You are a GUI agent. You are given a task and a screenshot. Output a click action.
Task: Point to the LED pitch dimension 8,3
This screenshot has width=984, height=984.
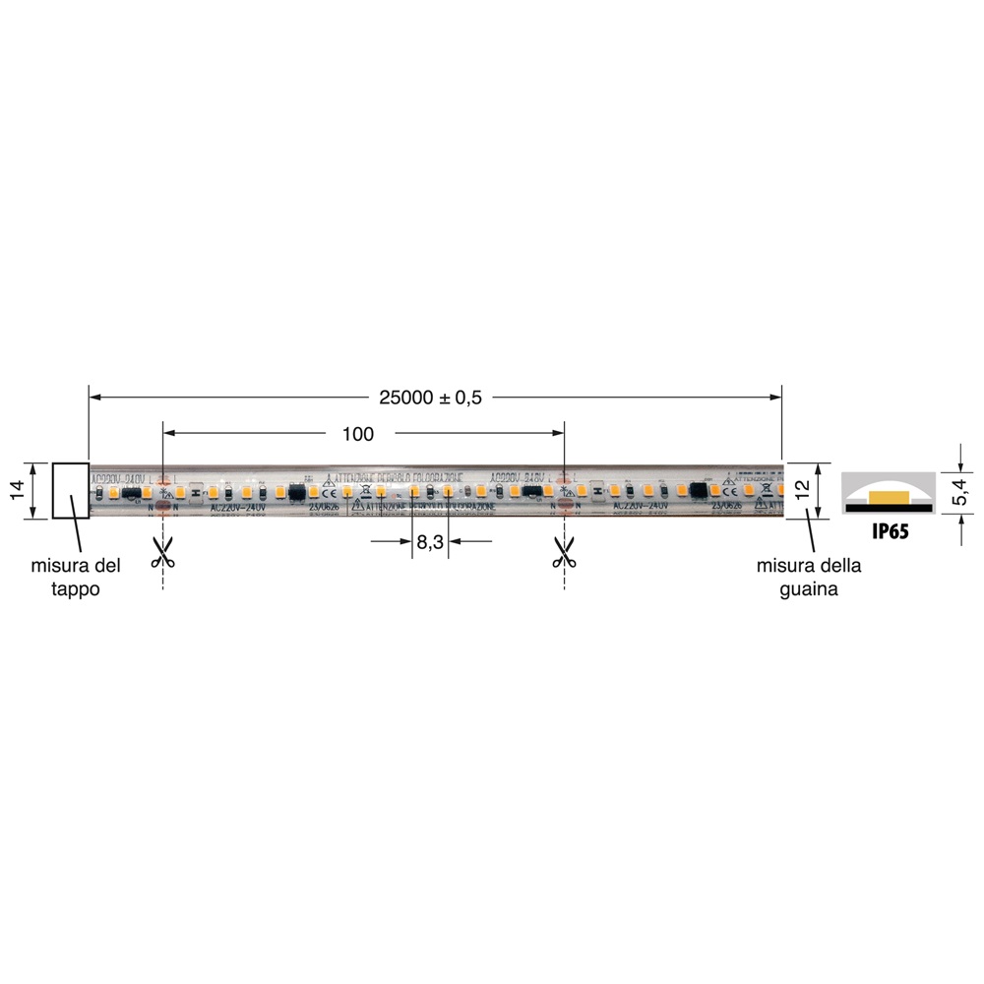coord(431,541)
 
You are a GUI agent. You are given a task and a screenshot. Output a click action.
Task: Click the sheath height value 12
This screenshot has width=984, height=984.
coord(803,490)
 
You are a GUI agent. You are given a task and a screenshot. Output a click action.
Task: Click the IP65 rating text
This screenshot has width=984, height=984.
coord(889,532)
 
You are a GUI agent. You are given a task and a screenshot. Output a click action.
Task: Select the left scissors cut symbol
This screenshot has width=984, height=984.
coord(162,551)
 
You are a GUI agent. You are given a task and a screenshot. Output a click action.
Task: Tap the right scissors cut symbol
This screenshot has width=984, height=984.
coord(564,551)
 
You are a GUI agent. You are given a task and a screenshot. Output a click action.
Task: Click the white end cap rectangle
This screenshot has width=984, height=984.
coord(70,490)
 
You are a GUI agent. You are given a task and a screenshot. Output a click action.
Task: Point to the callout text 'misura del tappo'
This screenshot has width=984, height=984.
coord(76,578)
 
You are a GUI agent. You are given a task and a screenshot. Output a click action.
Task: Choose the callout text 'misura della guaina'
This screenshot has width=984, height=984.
coord(809,578)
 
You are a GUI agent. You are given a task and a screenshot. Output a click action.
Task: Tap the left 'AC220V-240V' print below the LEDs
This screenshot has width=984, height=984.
coord(239,509)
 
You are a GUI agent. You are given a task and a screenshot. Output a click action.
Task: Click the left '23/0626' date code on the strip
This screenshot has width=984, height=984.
coord(324,509)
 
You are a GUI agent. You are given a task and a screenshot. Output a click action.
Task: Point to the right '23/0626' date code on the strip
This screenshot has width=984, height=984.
coord(726,509)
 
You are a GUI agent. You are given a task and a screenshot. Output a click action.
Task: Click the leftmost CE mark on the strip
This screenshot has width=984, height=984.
coord(330,490)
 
